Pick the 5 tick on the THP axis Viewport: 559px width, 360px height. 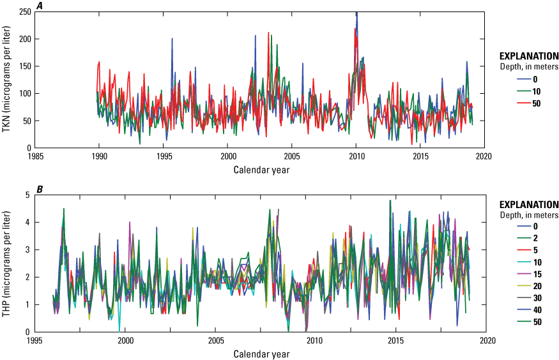(x=28, y=195)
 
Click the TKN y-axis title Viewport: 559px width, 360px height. (x=7, y=79)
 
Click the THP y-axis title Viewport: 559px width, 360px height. (x=7, y=263)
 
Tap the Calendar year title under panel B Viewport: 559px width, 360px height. (x=259, y=353)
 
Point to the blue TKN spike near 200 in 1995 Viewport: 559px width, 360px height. (x=172, y=39)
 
